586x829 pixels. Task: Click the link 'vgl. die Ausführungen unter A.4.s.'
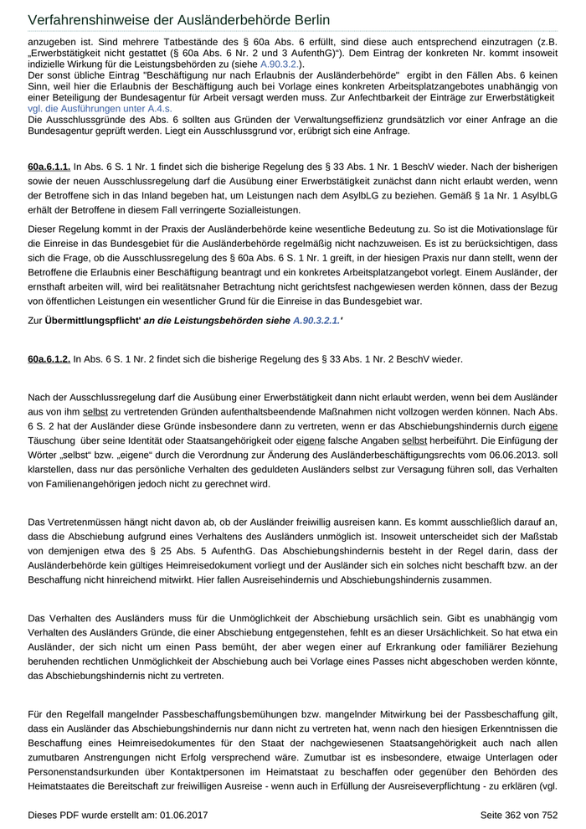[x=100, y=108]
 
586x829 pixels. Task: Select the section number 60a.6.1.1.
[x=49, y=168]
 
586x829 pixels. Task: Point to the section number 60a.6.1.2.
[x=49, y=358]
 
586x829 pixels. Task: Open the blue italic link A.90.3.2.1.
[x=316, y=321]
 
